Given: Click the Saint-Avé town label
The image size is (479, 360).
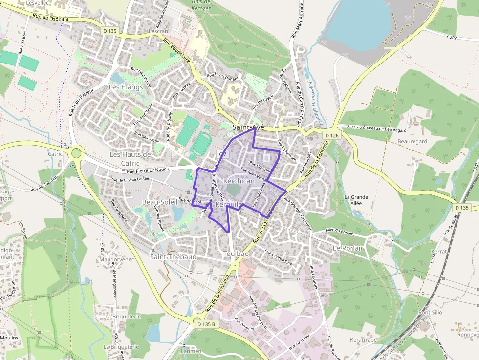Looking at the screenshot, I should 248,127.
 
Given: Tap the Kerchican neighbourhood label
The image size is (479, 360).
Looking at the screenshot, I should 239,181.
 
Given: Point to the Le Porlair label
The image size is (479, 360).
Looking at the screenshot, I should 348,248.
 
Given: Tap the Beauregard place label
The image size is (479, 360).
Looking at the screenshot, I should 412,141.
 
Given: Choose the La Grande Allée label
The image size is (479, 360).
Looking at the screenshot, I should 356,200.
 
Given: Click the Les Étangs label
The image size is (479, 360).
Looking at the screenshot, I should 126,87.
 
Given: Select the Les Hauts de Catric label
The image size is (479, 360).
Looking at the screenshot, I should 130,158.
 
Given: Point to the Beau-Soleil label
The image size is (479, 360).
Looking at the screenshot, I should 157,202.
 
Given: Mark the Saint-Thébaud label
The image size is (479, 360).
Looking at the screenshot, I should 173,257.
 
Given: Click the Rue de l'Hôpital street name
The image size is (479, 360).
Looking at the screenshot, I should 49,18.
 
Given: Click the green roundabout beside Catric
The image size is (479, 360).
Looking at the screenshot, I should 76,153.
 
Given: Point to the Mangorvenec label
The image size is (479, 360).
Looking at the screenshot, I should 116,259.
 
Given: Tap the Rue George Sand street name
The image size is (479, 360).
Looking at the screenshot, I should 279,257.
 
